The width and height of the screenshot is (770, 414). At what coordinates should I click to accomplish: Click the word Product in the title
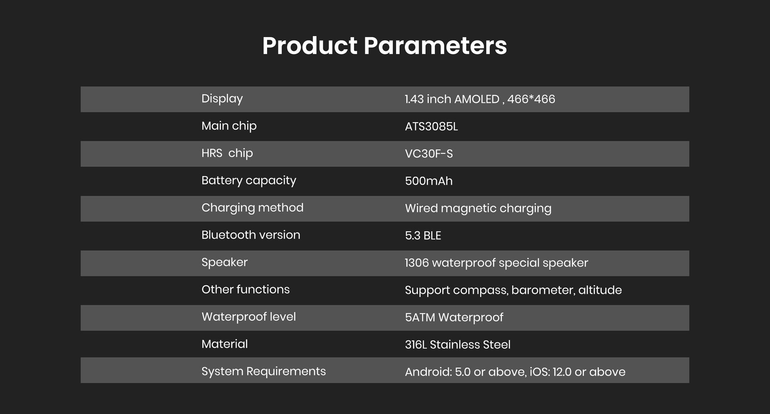coord(310,45)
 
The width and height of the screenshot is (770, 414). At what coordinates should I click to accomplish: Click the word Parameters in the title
coord(435,45)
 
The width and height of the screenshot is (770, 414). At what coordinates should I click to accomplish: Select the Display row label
coord(222,99)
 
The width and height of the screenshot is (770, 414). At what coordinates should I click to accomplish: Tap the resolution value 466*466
coord(531,99)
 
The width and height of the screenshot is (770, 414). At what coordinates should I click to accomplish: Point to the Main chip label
coord(229,126)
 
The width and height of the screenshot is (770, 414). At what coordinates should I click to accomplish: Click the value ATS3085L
coord(431,126)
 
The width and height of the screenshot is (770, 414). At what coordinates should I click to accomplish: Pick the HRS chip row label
coord(227,153)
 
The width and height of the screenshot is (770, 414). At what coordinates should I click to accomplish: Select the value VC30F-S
coord(429,154)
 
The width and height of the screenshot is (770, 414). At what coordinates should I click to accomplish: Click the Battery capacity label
coord(249,181)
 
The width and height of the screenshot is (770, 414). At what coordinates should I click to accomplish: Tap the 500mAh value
coord(429,181)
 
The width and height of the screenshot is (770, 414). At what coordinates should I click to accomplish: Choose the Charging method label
coord(252,208)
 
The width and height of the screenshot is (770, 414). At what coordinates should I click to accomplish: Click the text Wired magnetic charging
coord(478,209)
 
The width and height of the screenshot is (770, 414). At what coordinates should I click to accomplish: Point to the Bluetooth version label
coord(251,235)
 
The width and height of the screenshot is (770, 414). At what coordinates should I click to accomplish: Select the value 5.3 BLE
coord(423,235)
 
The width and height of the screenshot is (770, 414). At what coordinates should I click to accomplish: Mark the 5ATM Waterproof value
coord(454,317)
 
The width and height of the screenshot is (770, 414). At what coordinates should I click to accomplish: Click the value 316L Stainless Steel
coord(458,345)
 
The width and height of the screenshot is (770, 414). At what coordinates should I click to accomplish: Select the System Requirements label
coord(263,371)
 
